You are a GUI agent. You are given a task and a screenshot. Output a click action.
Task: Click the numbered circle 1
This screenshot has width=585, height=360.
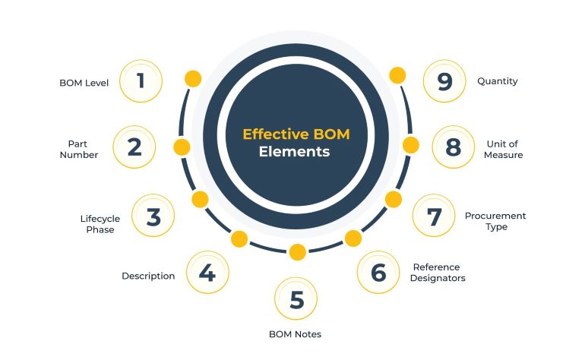click(x=141, y=81)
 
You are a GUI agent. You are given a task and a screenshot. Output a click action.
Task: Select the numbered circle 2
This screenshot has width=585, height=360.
click(x=134, y=147)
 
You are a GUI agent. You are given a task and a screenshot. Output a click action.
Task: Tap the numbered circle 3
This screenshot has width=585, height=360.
click(x=153, y=216)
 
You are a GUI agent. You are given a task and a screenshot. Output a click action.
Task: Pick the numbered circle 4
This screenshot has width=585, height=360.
click(x=207, y=273)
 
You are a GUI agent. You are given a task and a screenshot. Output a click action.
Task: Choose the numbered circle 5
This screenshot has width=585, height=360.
click(x=296, y=299)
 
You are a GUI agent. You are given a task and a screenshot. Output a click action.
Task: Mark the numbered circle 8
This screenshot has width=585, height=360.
click(x=454, y=147)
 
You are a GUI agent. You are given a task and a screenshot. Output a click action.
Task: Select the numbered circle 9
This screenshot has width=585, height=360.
click(x=445, y=81)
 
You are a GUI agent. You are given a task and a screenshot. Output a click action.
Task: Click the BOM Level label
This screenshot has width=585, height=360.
click(x=84, y=82)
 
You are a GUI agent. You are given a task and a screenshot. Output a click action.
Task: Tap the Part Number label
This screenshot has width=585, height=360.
click(x=83, y=149)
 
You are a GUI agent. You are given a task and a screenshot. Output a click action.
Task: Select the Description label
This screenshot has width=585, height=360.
click(x=148, y=276)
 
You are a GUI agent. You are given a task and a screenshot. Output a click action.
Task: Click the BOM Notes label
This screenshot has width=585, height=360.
click(x=295, y=334)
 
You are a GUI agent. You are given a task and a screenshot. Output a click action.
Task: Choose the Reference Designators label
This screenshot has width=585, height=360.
click(x=438, y=272)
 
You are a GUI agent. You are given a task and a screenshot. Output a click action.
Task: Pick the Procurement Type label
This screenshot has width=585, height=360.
click(x=495, y=221)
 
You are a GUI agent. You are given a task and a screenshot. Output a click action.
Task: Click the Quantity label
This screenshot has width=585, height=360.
click(x=497, y=81)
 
